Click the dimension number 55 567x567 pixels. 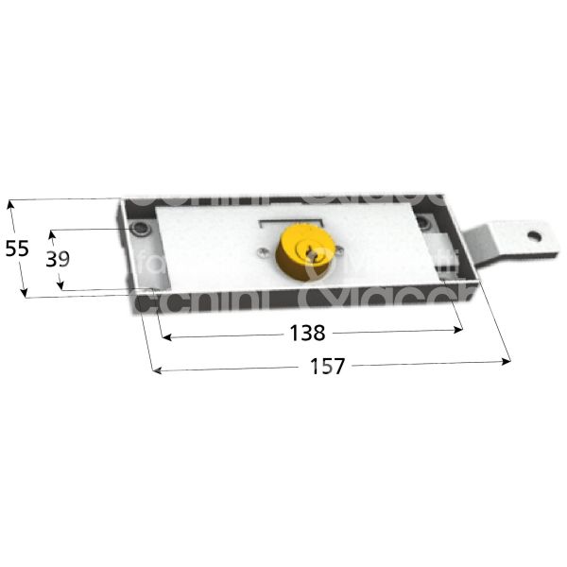point(17,249)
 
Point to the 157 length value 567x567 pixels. point(326,366)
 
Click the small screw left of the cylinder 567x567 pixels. point(262,250)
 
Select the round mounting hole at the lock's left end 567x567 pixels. point(140,231)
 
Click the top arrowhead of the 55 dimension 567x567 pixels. point(10,203)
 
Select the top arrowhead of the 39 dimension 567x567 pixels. point(53,232)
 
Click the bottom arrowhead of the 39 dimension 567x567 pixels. point(63,287)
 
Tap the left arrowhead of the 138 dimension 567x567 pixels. point(163,335)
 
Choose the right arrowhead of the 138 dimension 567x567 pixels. point(461,330)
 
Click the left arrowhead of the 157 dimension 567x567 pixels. point(155,370)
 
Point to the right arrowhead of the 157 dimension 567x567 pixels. point(508,360)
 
